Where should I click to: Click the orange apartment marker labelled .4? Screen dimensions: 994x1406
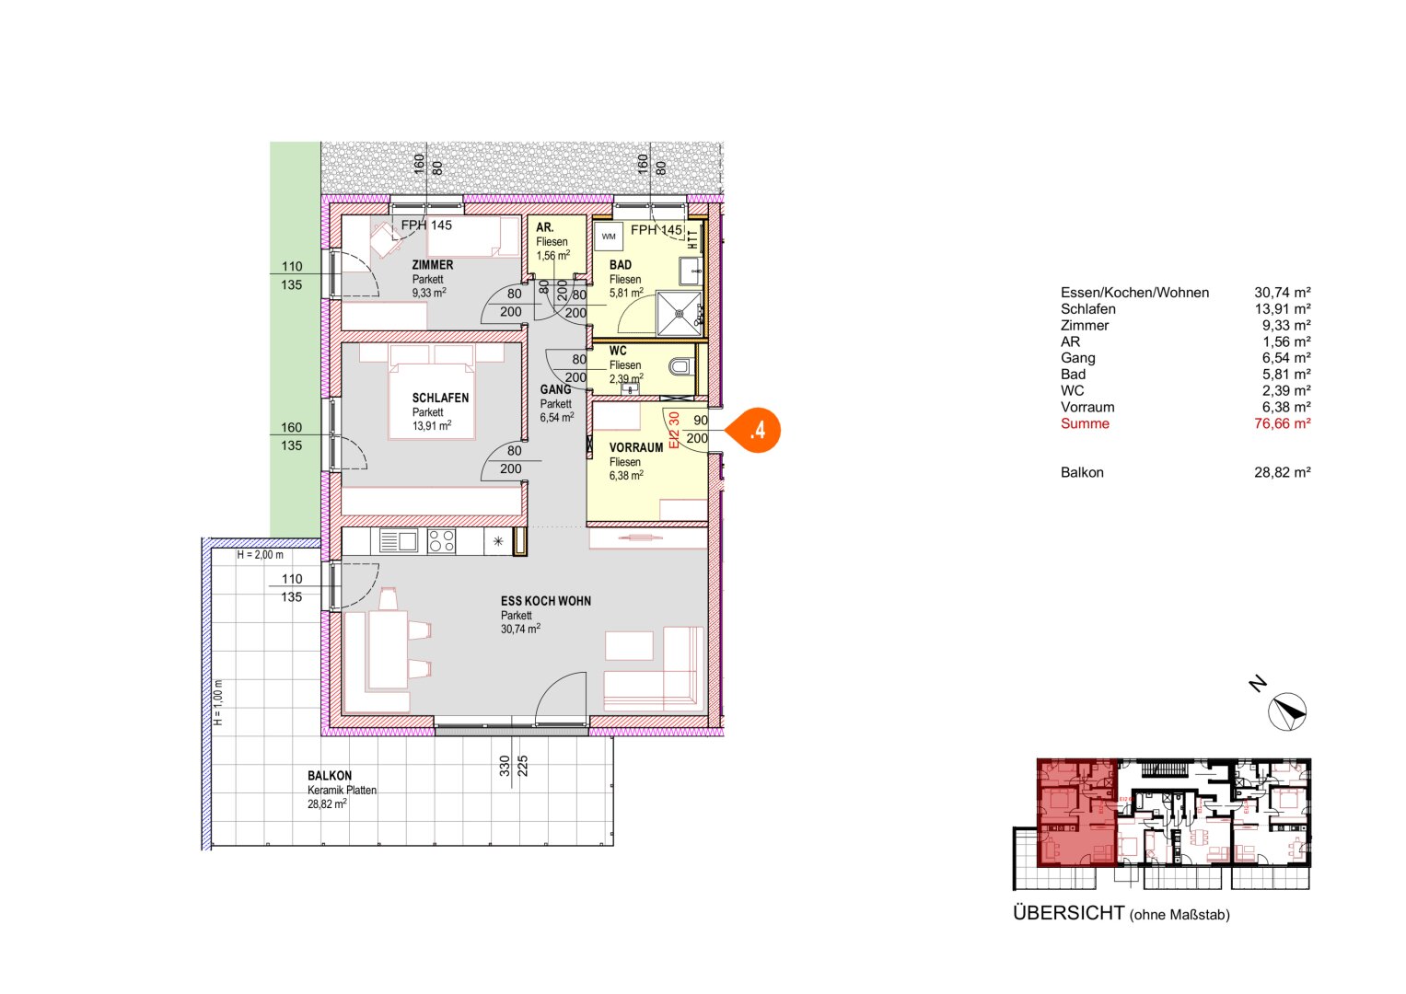pos(757,430)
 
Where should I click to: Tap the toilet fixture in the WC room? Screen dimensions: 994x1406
pos(680,367)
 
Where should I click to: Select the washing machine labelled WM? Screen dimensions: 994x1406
pos(609,237)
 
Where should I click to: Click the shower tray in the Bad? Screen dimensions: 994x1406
pos(679,313)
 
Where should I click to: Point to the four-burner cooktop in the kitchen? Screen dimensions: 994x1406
pos(441,541)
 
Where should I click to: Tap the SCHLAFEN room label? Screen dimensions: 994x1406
pos(440,399)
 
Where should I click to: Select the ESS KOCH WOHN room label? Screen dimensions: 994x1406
pos(545,601)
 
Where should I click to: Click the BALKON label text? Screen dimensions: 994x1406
pos(330,776)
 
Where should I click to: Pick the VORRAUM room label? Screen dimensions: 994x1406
pos(635,447)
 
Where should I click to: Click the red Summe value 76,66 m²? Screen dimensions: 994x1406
pos(1282,423)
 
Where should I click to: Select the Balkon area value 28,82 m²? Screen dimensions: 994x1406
pos(1282,472)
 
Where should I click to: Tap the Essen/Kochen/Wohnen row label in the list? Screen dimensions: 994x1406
pos(1134,293)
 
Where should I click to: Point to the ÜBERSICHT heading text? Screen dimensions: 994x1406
pos(1068,913)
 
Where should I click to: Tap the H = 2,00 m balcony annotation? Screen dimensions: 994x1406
pos(260,555)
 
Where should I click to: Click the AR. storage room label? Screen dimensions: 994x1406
pos(545,227)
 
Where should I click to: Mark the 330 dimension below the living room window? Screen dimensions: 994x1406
pos(505,766)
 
